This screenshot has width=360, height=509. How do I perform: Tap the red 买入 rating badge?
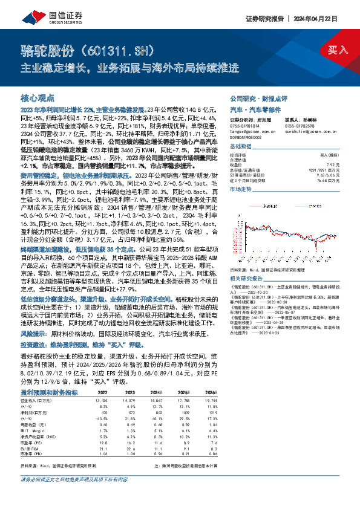[338, 50]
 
